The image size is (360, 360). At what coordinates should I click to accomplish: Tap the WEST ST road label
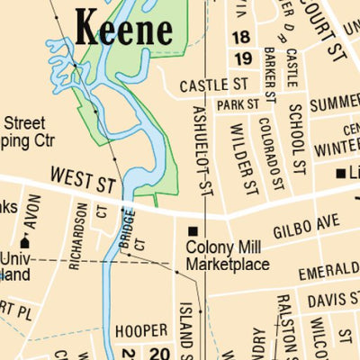(84, 178)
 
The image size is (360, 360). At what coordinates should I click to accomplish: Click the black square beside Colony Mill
(192, 231)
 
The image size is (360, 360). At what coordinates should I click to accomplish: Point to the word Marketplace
(228, 264)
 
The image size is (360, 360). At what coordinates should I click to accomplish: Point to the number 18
(240, 37)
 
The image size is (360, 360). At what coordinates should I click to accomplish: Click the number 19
(241, 58)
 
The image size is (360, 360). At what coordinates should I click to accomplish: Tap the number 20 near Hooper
(159, 352)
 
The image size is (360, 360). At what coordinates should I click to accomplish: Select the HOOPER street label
(139, 330)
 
